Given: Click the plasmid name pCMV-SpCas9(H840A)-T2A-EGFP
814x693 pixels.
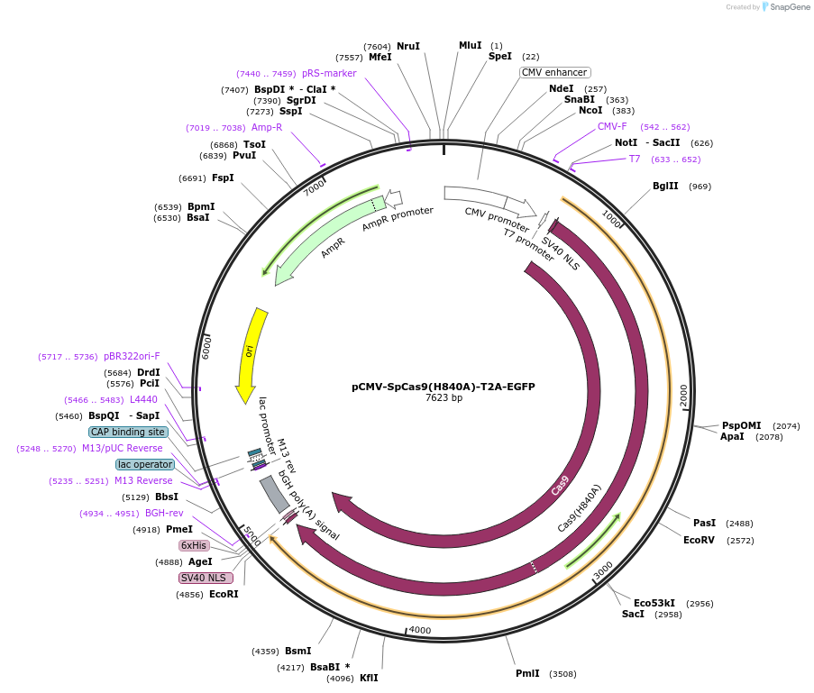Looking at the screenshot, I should pos(443,387).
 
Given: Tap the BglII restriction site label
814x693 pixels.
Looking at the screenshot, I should pos(665,187).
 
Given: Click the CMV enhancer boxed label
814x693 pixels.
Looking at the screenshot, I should pos(554,72).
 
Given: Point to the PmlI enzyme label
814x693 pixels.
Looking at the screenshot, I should pos(527,673).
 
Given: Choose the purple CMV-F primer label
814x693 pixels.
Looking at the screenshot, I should pos(612,127).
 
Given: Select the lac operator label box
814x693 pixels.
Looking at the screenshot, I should pos(145,464).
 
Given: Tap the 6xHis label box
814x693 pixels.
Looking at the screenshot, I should pos(194,545).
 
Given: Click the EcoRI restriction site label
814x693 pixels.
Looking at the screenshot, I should pos(224,595).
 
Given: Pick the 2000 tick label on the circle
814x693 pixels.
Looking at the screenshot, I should pos(683,394).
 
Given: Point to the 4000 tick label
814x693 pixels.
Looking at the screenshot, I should pos(420,630).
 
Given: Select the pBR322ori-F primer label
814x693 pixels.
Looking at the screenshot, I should pos(132,357).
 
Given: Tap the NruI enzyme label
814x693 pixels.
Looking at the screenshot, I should pos(408,46).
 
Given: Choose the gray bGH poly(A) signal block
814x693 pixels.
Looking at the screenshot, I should pos(274,494).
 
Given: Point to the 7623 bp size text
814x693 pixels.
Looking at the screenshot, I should pos(444,398).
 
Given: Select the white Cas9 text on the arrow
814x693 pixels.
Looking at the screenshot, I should pos(560,485).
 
